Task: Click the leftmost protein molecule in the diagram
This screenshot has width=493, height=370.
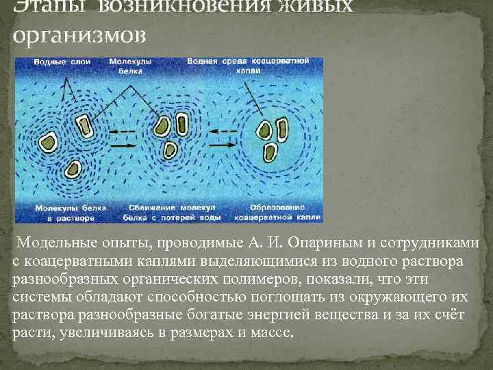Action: click(49, 142)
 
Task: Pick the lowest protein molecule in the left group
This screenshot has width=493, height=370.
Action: click(72, 169)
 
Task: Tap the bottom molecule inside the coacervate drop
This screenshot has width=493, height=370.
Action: click(270, 151)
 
